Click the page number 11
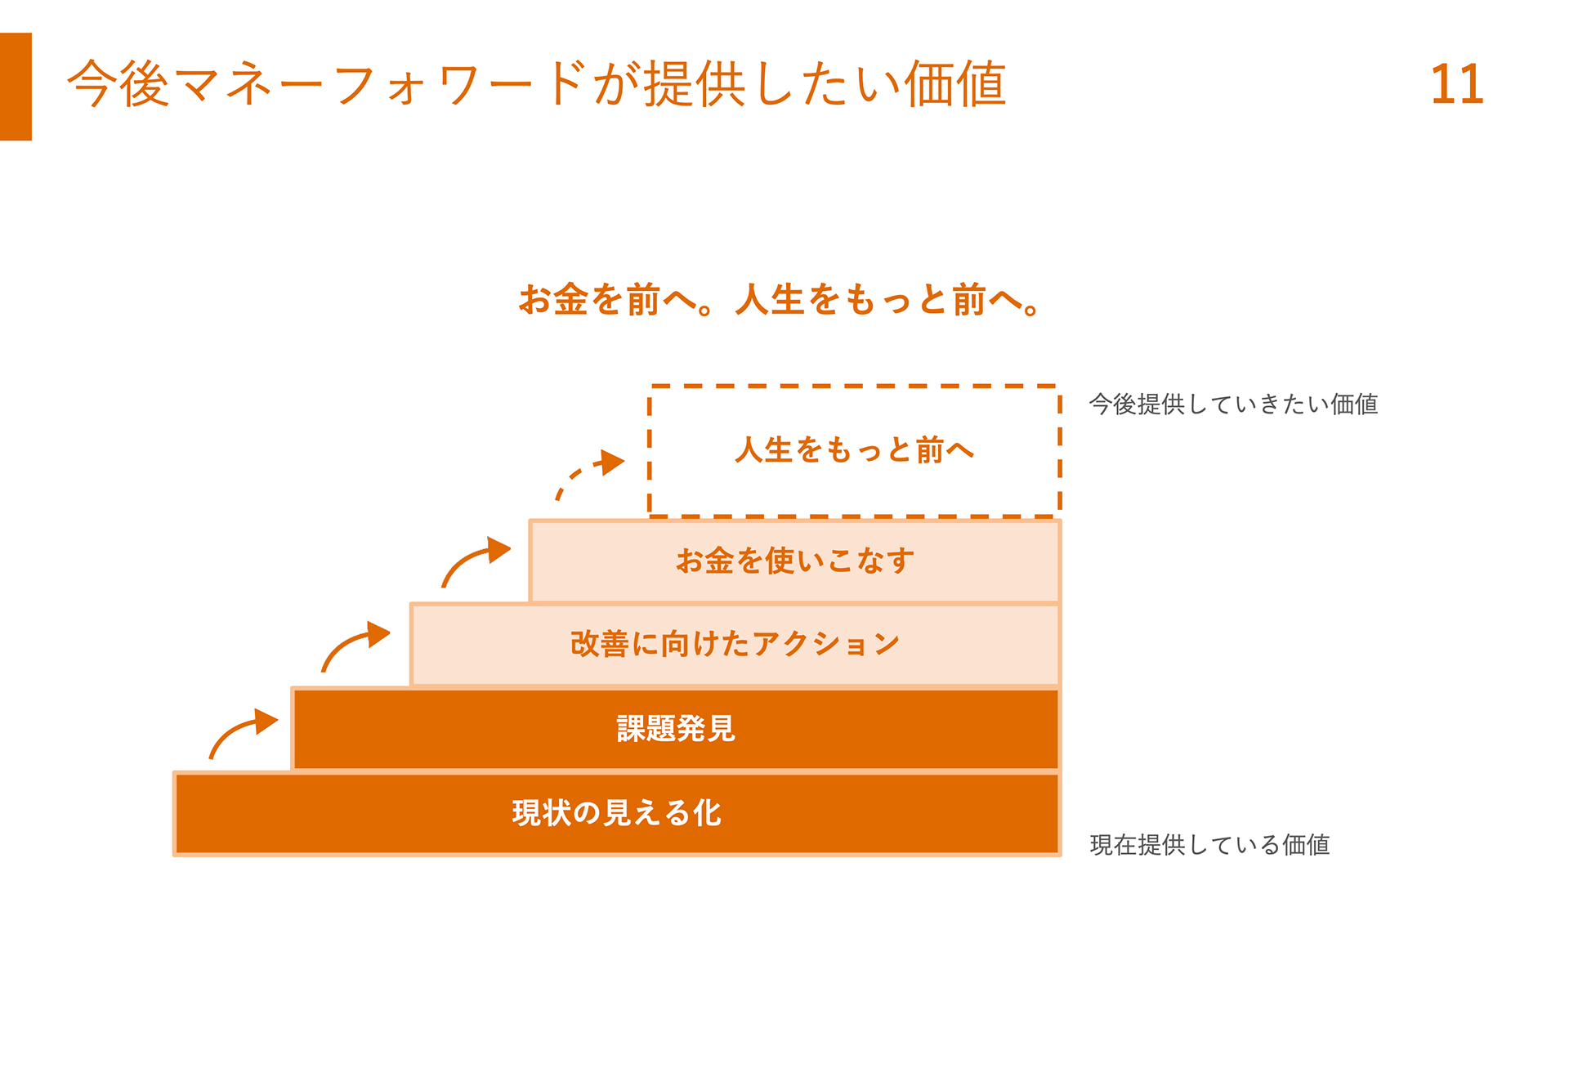pos(1456,84)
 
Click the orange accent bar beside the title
pos(16,87)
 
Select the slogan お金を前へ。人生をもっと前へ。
pos(780,300)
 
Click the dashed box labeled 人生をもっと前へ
pos(854,450)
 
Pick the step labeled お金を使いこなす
pos(794,561)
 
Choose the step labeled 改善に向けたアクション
pos(735,645)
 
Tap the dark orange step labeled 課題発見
pos(675,729)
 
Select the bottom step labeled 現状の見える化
pos(616,813)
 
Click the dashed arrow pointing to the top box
pos(588,473)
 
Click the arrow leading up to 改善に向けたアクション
pos(354,645)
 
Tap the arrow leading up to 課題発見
pos(242,732)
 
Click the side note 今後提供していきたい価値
pos(1233,404)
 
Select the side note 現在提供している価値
pos(1209,845)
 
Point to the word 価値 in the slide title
pos(954,84)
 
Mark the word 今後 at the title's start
pos(118,84)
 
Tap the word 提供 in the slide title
pos(695,84)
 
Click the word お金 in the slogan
pos(553,300)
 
